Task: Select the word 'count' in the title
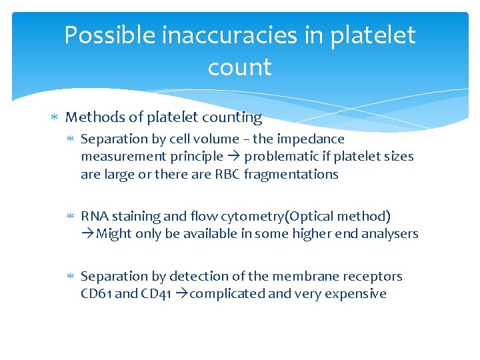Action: pos(239,67)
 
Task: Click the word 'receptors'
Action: pos(374,276)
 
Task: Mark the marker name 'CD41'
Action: pos(157,293)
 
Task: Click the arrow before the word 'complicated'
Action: pos(181,293)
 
